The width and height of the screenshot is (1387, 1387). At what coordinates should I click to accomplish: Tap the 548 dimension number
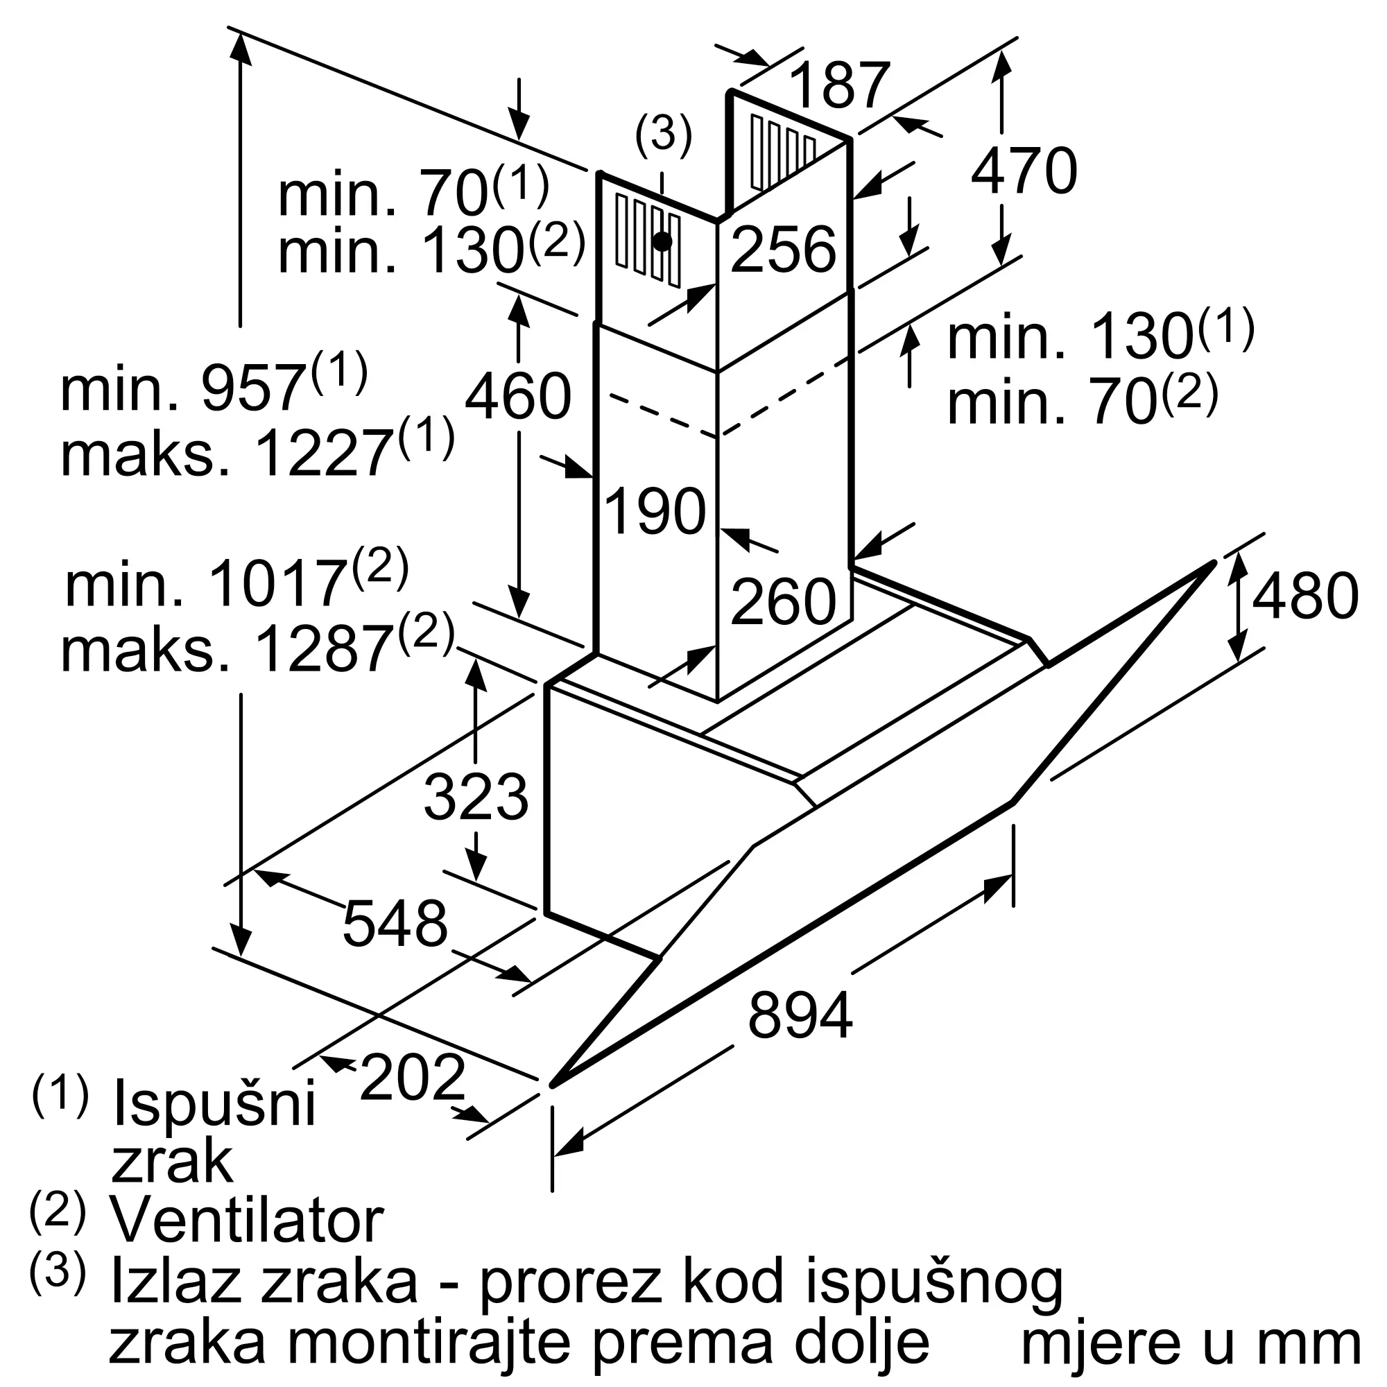coord(395,923)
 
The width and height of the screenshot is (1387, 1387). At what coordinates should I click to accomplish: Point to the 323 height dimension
coord(475,798)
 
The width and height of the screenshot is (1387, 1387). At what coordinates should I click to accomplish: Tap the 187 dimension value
coord(839,85)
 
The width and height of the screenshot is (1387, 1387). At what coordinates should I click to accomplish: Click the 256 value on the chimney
coord(783,249)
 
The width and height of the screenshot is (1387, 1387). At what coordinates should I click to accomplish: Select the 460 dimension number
coord(517,397)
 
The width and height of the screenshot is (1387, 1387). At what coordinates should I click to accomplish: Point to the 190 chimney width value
coord(655,511)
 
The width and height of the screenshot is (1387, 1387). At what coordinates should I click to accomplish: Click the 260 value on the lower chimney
coord(783,601)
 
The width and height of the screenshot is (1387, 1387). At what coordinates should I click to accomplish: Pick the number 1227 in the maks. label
coord(323,454)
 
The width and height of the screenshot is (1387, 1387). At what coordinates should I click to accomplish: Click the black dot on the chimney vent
coord(662,241)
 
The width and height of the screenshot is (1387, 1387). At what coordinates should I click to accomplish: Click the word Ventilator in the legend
coord(246,1221)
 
